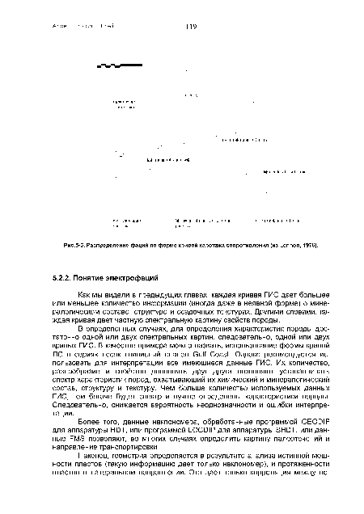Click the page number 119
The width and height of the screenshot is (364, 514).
click(191, 27)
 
